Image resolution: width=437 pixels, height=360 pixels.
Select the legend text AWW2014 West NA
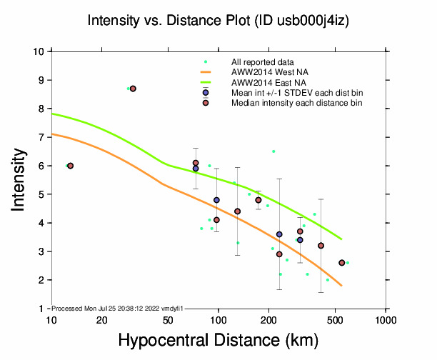tap(265, 72)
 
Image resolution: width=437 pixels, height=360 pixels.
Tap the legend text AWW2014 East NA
tap(264, 83)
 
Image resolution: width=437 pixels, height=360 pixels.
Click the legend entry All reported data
tap(261, 62)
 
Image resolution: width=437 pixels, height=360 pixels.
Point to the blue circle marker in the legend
tap(206, 93)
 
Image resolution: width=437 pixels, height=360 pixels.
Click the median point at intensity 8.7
tap(133, 89)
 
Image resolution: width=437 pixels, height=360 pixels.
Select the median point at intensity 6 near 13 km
tap(70, 166)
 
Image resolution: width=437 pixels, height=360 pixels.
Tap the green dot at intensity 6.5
tap(273, 151)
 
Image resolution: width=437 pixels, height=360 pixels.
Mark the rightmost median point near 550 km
tap(341, 263)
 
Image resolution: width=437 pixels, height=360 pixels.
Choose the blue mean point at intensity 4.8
tap(216, 200)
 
